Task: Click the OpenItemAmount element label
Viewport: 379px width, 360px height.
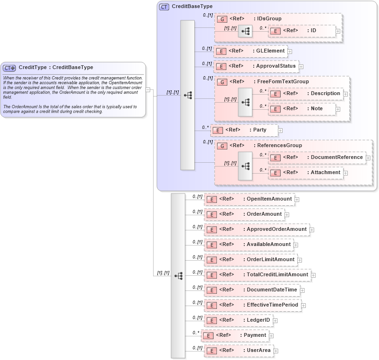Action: click(269, 199)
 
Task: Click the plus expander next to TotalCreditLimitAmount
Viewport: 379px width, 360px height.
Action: click(313, 275)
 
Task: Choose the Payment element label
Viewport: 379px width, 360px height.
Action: click(255, 335)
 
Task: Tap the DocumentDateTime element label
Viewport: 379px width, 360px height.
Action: click(272, 290)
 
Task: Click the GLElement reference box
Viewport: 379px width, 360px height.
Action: click(250, 51)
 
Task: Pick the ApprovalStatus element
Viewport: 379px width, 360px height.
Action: click(256, 66)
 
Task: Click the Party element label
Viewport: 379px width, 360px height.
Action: click(259, 130)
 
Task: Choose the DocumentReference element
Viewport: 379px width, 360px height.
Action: click(316, 158)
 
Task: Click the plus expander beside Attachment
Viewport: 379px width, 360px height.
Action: click(345, 173)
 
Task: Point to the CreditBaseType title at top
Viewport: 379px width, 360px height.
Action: click(192, 7)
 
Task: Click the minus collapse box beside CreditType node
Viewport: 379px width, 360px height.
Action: click(148, 89)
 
